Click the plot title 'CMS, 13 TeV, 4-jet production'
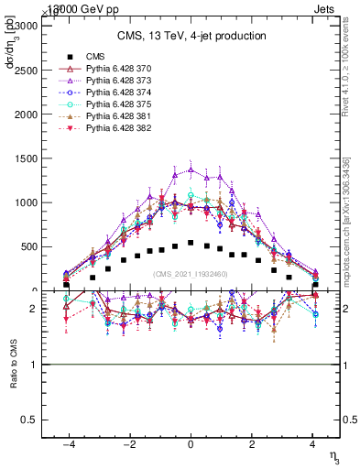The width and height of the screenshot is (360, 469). point(191,37)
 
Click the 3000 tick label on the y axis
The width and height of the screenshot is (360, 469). point(25,26)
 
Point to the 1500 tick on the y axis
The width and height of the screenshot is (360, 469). point(25,158)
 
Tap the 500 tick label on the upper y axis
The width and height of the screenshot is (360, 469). point(27,246)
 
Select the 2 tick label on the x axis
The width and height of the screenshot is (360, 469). point(251,442)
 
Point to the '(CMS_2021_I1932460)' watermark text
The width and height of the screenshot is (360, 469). point(191,274)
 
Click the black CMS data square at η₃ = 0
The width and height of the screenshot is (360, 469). point(191,243)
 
